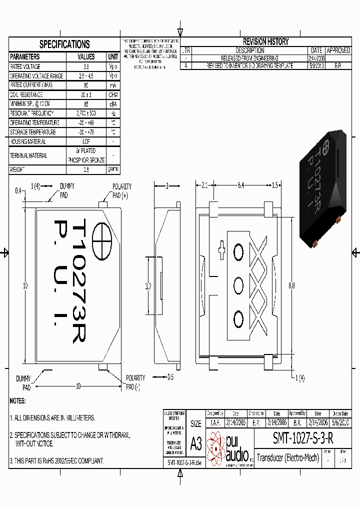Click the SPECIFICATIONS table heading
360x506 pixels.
(64, 44)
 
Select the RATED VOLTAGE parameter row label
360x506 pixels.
(25, 66)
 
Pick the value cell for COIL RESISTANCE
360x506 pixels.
(86, 94)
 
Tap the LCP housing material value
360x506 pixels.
(86, 141)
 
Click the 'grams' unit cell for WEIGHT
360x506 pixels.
(113, 169)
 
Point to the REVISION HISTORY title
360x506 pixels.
(265, 42)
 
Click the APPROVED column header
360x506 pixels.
(338, 50)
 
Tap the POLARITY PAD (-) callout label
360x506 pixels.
(135, 382)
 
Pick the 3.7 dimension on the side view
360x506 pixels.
(148, 286)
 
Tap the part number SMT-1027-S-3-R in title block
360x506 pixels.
(303, 438)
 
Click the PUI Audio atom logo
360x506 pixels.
(216, 447)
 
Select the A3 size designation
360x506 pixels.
(196, 443)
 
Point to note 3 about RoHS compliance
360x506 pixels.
(56, 460)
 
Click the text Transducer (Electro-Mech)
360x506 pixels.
(287, 457)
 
